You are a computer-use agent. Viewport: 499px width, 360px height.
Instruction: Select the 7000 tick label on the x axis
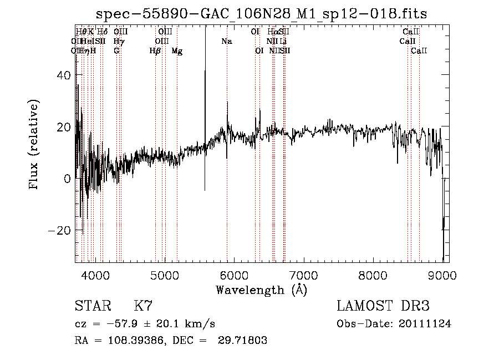304,275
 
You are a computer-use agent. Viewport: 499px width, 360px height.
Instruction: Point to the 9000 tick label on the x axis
442,275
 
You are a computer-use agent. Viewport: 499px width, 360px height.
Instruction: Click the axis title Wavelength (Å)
262,290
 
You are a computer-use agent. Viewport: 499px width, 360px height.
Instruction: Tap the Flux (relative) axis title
34,144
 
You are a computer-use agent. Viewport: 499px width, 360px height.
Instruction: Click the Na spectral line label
226,42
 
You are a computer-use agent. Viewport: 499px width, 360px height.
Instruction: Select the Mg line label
177,51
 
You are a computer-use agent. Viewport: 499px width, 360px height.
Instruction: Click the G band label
116,51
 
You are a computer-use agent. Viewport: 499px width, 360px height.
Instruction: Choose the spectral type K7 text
143,306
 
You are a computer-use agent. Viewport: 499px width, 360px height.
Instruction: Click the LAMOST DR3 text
383,306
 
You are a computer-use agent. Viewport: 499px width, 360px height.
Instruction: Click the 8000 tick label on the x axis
373,275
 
